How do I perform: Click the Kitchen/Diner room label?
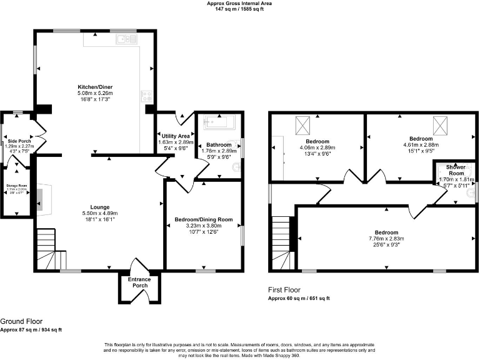tap(95, 87)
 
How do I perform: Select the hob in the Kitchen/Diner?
tap(147, 96)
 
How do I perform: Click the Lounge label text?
tap(99, 207)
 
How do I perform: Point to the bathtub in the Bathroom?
tap(218, 121)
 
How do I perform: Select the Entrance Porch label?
tap(139, 282)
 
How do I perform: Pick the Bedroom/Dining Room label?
tap(203, 219)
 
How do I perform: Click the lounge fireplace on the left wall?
tap(40, 197)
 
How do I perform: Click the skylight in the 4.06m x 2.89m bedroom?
tap(302, 127)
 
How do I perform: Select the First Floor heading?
tap(284, 290)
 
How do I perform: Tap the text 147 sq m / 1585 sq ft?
tap(239, 9)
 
